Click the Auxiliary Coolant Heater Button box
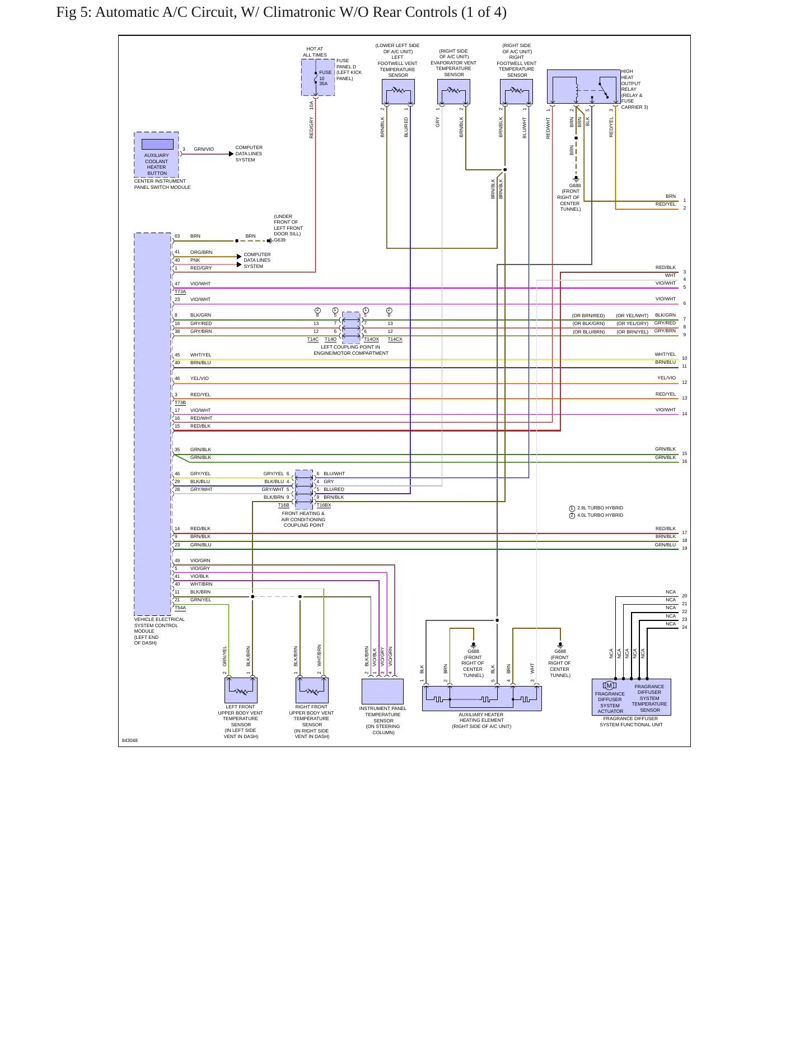[x=156, y=155]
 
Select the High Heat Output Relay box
[x=583, y=87]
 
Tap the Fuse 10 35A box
[x=318, y=77]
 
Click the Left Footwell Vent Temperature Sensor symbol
[x=398, y=91]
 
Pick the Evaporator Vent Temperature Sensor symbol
[x=453, y=91]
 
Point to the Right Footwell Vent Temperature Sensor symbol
[x=516, y=91]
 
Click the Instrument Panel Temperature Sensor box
[x=382, y=691]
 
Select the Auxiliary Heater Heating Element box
[x=481, y=698]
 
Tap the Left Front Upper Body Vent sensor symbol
[x=241, y=690]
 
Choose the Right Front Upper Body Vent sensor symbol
[x=312, y=690]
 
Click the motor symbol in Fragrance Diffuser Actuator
[x=609, y=685]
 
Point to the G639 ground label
[x=279, y=240]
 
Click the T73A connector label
[x=180, y=291]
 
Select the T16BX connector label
[x=324, y=505]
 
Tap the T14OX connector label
[x=371, y=339]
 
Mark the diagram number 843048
[x=129, y=740]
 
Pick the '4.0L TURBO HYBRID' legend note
[x=600, y=515]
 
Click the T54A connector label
[x=180, y=608]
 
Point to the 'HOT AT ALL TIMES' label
[x=315, y=52]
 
